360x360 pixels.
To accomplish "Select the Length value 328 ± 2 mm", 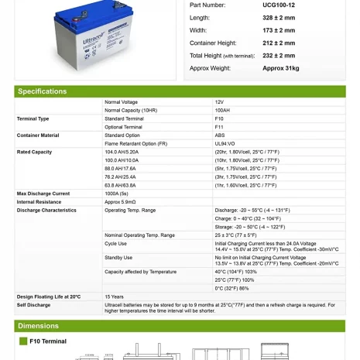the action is click(x=279, y=18).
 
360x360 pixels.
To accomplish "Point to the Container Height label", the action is click(x=213, y=43).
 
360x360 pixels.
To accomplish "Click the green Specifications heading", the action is click(x=43, y=91).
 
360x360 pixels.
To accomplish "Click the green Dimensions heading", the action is click(x=39, y=326).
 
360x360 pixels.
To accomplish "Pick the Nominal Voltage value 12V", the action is click(x=219, y=102).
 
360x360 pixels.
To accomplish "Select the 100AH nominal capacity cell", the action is click(x=222, y=111).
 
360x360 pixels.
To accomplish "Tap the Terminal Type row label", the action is click(x=33, y=119).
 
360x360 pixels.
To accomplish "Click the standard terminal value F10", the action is click(x=219, y=119).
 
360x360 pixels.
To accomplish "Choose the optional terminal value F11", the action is click(x=219, y=127).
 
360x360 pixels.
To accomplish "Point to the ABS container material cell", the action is click(x=220, y=135).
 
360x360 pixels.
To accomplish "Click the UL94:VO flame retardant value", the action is click(x=225, y=144).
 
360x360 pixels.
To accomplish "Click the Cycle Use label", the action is click(x=116, y=243).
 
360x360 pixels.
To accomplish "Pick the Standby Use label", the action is click(x=118, y=258).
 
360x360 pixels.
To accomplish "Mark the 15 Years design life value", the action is click(x=114, y=297).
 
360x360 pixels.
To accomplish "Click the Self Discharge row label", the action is click(x=33, y=305).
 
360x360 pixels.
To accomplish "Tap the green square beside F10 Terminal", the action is click(x=23, y=341).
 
